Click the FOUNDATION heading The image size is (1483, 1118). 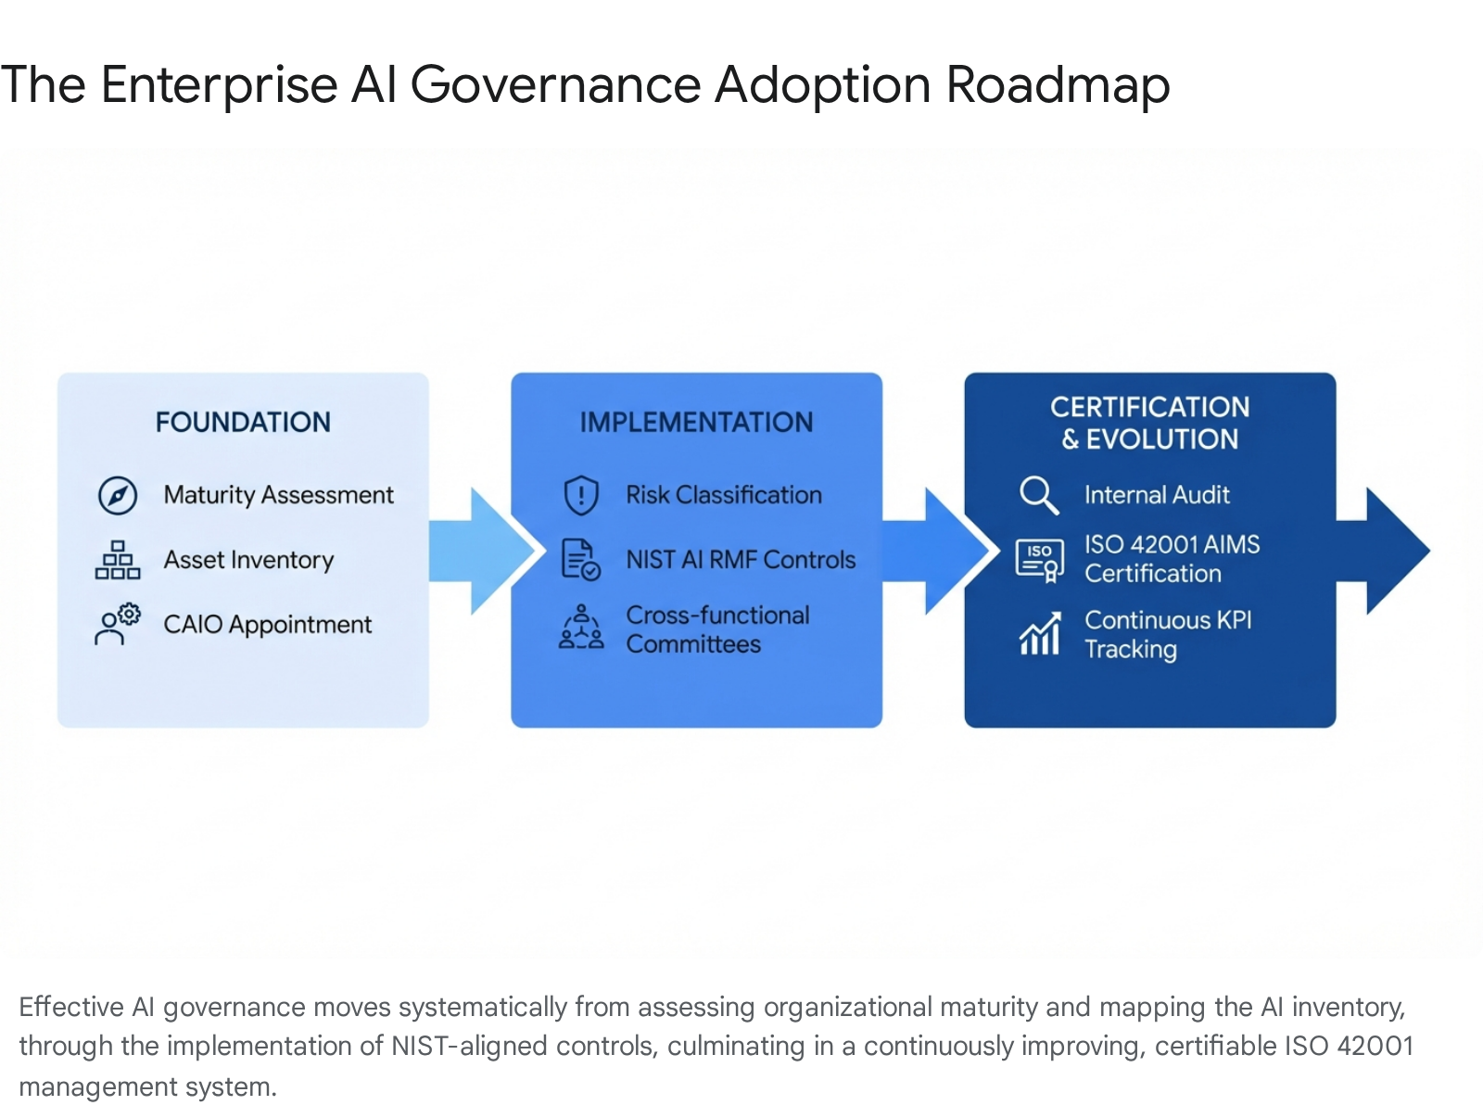coord(243,423)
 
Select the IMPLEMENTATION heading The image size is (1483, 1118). coord(696,423)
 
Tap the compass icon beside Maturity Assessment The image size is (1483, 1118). coord(118,496)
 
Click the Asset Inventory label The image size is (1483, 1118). coord(248,560)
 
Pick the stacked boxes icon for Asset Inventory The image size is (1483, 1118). coord(118,560)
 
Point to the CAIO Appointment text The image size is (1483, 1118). coord(267,625)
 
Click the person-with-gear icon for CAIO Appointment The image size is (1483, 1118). coord(117,624)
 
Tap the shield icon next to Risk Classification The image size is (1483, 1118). coord(581,495)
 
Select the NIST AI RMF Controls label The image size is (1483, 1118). coord(741,560)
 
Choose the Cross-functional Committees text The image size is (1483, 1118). coord(716,629)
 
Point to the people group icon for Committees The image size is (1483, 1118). coord(581,627)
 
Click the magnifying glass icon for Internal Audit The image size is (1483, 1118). coord(1039,495)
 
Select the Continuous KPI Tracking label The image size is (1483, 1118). coord(1167,634)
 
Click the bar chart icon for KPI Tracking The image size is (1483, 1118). coord(1039,634)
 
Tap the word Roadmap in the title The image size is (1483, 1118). coord(1058,85)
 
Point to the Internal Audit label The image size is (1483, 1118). coord(1157,495)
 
